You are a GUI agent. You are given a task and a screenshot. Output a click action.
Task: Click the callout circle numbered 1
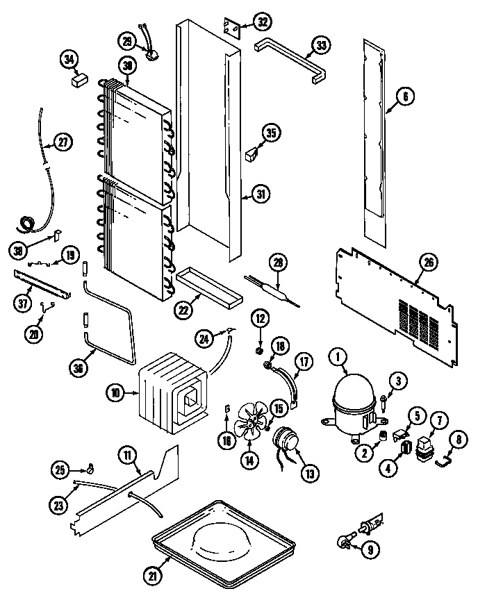pyautogui.click(x=338, y=358)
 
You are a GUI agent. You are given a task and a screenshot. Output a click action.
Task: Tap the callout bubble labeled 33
pyautogui.click(x=320, y=45)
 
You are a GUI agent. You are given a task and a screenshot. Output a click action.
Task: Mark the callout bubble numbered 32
pyautogui.click(x=262, y=22)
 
